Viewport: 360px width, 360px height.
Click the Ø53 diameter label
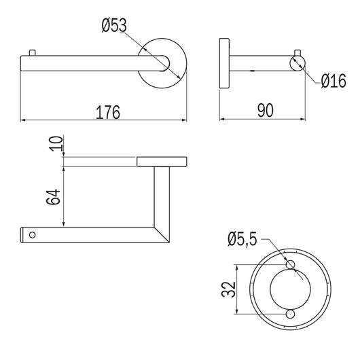click(x=114, y=25)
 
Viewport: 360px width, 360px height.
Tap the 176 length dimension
click(x=108, y=112)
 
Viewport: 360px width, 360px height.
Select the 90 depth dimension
click(x=266, y=111)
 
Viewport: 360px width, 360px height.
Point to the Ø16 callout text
click(x=334, y=81)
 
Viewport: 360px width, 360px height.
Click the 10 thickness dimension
click(x=56, y=144)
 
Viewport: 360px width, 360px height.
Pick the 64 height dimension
click(x=53, y=197)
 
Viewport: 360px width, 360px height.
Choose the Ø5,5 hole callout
click(x=242, y=239)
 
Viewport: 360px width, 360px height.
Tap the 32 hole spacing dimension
click(x=228, y=289)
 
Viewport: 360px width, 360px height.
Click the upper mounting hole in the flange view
click(x=291, y=264)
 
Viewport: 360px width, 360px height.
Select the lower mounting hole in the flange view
click(x=291, y=314)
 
